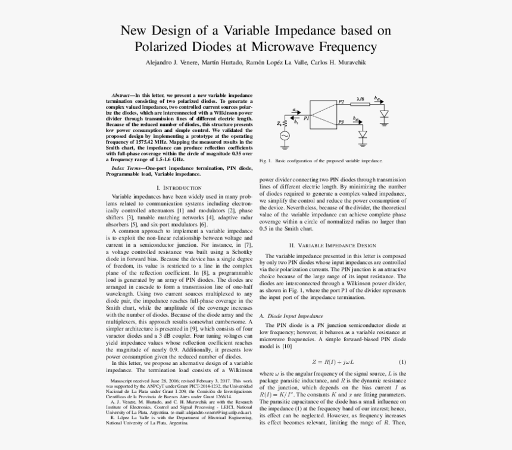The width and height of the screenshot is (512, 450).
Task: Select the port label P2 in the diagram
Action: click(341, 102)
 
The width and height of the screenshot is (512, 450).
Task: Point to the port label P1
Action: click(306, 118)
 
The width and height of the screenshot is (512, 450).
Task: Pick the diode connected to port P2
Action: click(383, 113)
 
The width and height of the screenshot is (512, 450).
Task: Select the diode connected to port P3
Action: click(363, 134)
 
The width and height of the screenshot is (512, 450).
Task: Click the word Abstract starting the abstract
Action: click(123, 95)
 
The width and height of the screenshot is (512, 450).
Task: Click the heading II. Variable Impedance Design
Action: click(333, 245)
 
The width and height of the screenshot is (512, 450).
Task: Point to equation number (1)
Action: click(402, 362)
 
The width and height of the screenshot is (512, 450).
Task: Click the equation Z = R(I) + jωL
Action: click(333, 362)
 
